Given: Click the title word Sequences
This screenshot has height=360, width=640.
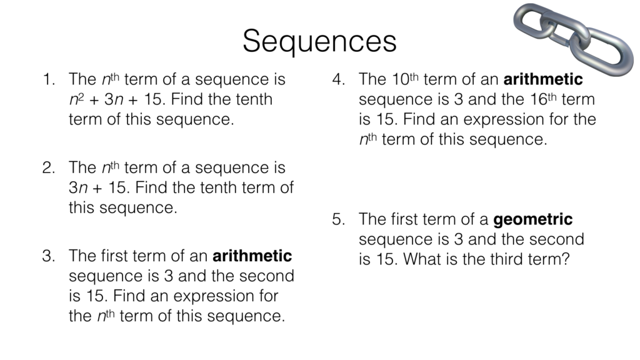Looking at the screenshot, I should point(319,41).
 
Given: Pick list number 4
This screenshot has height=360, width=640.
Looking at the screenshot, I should point(338,80).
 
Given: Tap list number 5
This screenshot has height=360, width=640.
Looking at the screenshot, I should point(338,220).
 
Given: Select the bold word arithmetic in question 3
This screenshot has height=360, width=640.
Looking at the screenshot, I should point(252,256).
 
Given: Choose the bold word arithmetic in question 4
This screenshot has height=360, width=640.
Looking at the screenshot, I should point(542,80).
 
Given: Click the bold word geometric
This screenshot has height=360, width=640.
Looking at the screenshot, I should point(532,220).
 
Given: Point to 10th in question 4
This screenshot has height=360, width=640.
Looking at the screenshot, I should point(404,80).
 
